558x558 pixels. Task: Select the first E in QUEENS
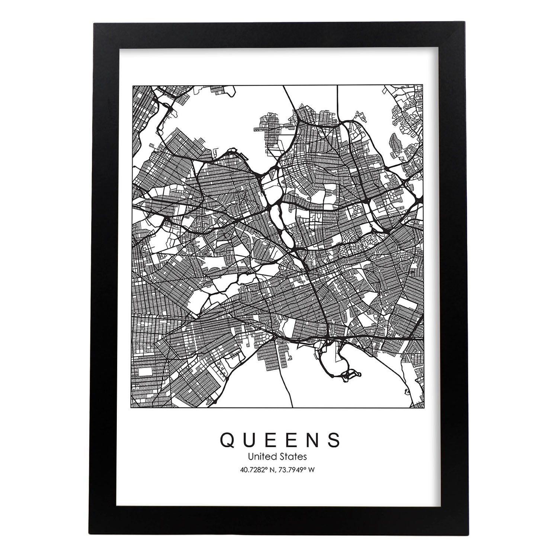[273, 440]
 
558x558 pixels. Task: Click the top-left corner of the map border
[133, 86]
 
